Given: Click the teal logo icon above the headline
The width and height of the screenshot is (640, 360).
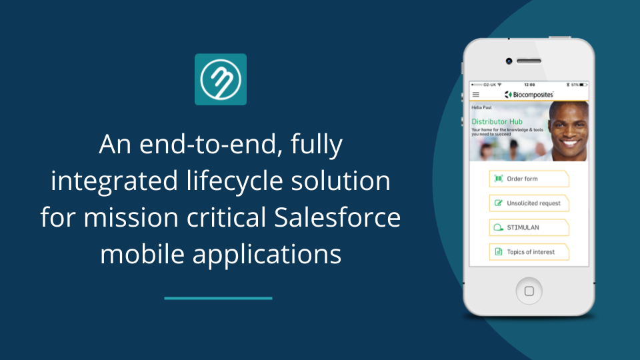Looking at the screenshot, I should [x=221, y=79].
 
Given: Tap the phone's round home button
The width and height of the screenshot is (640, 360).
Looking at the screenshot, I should [x=529, y=291].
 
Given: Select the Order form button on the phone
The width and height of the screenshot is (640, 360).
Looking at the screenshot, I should [x=529, y=179].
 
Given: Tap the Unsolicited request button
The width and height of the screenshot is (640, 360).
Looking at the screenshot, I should [x=529, y=203].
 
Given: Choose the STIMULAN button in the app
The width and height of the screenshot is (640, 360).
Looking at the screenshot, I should [x=529, y=227].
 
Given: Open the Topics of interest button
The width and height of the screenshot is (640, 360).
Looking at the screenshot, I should [x=529, y=252].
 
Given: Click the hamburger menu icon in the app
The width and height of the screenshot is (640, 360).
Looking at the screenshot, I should [x=475, y=95].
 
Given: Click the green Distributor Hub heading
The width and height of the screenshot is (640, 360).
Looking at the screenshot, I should [x=497, y=121].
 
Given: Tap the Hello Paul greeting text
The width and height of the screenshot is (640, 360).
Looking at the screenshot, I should [x=481, y=107].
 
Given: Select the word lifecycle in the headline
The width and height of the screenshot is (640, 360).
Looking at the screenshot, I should [x=229, y=181].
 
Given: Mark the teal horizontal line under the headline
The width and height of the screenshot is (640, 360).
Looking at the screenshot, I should [x=218, y=298].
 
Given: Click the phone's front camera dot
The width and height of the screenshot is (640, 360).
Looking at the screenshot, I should [x=509, y=61].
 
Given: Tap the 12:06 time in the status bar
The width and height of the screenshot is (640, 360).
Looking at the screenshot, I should [x=529, y=85].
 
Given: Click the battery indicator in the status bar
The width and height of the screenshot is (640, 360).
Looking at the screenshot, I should [x=581, y=85].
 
